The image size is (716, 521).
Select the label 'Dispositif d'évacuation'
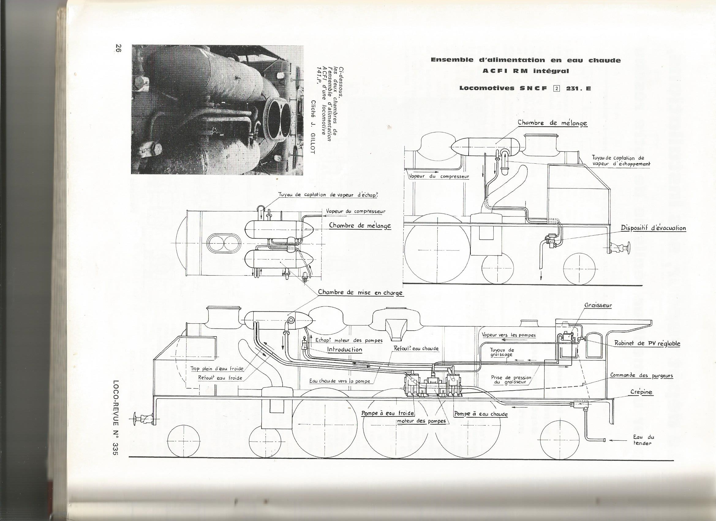point(653,228)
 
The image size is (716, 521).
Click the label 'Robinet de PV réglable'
point(647,344)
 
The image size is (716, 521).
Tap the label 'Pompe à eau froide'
point(388,413)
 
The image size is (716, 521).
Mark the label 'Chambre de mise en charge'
point(360,292)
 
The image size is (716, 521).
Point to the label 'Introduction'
point(345,349)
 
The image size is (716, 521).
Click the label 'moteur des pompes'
point(421,421)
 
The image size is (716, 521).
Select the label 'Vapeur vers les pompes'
point(509,335)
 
